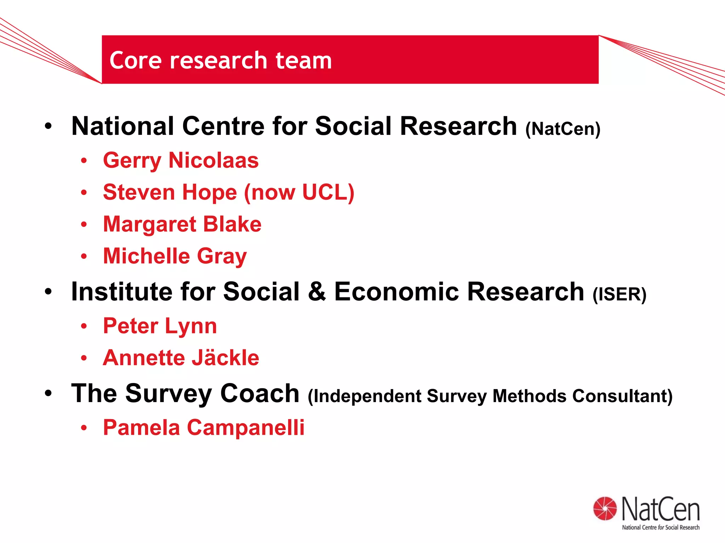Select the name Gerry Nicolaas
pyautogui.click(x=181, y=160)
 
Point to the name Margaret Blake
pyautogui.click(x=182, y=224)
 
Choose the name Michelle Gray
pyautogui.click(x=175, y=256)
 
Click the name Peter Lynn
pyautogui.click(x=160, y=326)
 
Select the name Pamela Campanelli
pyautogui.click(x=204, y=427)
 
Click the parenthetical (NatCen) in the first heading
pyautogui.click(x=563, y=129)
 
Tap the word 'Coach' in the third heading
pyautogui.click(x=259, y=394)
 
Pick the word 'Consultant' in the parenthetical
pyautogui.click(x=622, y=396)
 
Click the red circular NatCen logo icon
pyautogui.click(x=605, y=508)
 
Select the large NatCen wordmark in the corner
pyautogui.click(x=661, y=509)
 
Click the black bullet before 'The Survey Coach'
pyautogui.click(x=48, y=393)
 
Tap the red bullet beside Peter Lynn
pyautogui.click(x=84, y=326)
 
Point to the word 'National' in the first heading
pyautogui.click(x=122, y=126)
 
